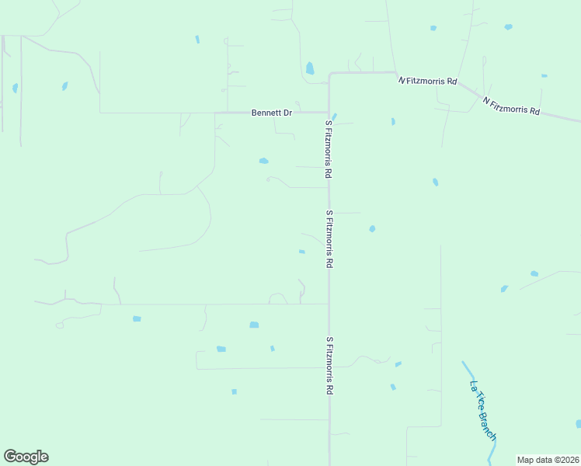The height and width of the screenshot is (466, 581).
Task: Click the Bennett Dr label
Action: click(x=271, y=113)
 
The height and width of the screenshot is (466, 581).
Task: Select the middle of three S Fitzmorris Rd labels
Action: click(x=329, y=239)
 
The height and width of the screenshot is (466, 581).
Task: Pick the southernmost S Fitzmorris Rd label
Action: click(x=329, y=366)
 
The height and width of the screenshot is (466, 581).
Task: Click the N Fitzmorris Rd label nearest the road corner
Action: click(x=427, y=81)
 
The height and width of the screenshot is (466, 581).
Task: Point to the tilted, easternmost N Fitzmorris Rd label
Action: click(x=510, y=106)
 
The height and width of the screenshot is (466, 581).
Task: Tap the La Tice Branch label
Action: click(x=482, y=411)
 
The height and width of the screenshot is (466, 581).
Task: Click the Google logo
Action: click(x=26, y=457)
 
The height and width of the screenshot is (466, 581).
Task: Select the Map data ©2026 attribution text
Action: click(x=548, y=459)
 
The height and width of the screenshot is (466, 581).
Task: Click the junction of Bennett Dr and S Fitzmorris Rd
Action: click(x=329, y=113)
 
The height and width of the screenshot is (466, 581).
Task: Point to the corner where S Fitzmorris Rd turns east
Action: click(x=329, y=75)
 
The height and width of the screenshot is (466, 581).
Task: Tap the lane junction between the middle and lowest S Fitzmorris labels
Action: click(x=329, y=304)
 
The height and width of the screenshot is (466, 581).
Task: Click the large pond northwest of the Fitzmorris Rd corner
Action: click(x=310, y=68)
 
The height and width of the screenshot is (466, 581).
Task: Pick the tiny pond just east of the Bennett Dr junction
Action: click(x=334, y=117)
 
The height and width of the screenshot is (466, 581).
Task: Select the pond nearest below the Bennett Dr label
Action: click(x=263, y=161)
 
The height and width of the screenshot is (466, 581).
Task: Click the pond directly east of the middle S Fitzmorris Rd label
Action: click(x=372, y=228)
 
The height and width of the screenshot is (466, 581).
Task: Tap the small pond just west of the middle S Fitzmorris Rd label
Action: click(x=301, y=252)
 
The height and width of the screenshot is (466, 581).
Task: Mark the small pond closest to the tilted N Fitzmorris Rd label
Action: click(x=544, y=75)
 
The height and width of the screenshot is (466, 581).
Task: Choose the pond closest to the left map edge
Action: click(x=15, y=88)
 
